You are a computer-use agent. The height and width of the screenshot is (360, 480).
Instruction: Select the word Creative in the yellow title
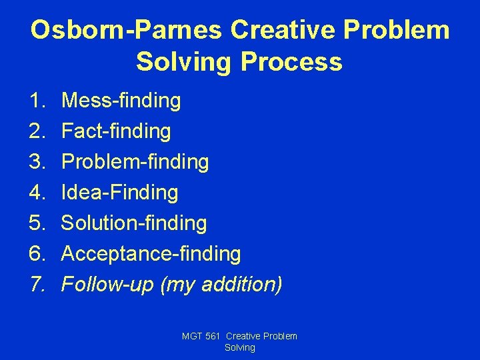click(283, 31)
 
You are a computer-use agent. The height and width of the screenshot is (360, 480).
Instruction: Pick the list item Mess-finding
click(121, 101)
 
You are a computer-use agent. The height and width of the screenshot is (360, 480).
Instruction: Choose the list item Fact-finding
click(116, 131)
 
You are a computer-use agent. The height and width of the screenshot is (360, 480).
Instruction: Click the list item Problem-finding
click(135, 162)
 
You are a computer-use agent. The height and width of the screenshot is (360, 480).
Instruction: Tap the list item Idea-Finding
click(119, 193)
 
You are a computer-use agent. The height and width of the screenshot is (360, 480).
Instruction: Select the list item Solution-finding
click(134, 223)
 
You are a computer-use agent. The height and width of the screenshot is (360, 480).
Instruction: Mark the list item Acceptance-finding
click(151, 254)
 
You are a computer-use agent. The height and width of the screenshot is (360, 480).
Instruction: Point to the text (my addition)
click(221, 285)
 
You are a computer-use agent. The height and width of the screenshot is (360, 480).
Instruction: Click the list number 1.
click(36, 101)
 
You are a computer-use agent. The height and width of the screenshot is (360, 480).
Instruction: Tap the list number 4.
click(36, 193)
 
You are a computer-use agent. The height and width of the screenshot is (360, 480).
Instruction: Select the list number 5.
click(36, 223)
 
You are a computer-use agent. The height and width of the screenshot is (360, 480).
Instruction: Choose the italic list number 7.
click(36, 285)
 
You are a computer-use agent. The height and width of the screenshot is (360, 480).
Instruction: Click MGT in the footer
click(192, 337)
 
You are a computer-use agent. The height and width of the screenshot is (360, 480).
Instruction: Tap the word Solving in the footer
click(240, 347)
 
